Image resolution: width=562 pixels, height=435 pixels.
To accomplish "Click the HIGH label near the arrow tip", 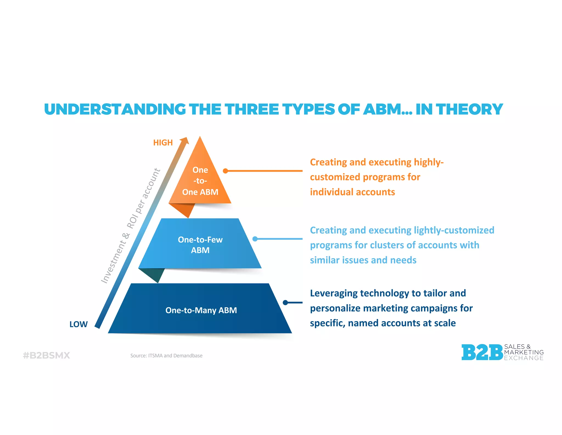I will (x=163, y=142).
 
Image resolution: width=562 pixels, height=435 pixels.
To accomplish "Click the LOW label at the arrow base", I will (x=78, y=324).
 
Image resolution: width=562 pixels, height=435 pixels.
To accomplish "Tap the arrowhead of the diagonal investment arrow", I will (x=185, y=141).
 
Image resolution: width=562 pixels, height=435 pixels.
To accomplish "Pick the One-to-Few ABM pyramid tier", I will (x=200, y=244).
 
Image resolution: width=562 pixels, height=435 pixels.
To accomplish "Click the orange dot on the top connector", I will (x=225, y=171).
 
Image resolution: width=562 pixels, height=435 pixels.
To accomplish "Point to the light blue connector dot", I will (x=255, y=239).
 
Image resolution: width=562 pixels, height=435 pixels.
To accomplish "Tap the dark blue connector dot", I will (x=285, y=302).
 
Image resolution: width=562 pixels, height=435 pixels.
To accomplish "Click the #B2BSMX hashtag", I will (x=46, y=355).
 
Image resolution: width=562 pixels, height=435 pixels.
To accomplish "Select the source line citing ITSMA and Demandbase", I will (x=166, y=356).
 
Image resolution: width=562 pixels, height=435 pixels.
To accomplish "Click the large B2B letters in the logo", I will (x=482, y=352).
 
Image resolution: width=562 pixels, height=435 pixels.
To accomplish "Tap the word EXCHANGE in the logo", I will (x=524, y=358).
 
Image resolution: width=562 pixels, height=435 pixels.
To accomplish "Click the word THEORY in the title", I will (x=470, y=109).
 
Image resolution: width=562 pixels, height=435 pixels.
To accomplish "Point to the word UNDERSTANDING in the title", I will (x=115, y=109).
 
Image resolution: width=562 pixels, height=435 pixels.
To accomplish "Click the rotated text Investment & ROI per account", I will (x=131, y=225).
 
